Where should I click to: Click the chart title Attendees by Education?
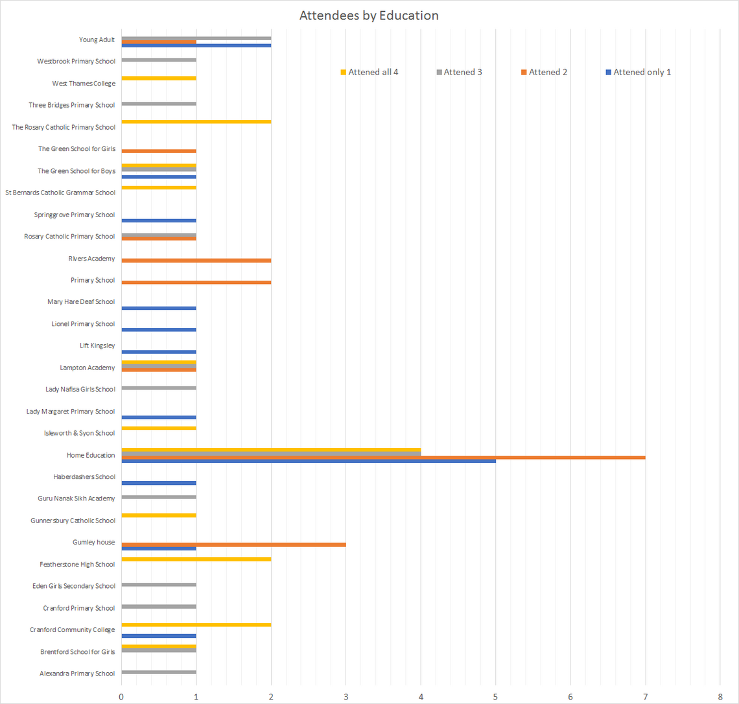tap(368, 16)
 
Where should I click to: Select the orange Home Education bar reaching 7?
tap(382, 457)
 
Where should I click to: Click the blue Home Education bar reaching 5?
tap(308, 461)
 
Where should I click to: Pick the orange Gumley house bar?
tap(233, 545)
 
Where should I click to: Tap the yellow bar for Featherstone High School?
tap(196, 559)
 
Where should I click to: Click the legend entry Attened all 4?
tap(373, 72)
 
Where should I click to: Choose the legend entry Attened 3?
tap(462, 72)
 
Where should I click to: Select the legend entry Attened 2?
tap(548, 72)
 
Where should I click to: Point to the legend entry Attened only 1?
tap(642, 72)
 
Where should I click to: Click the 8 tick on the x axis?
tap(720, 696)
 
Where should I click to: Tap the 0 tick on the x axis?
tap(121, 696)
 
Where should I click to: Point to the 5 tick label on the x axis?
tap(496, 696)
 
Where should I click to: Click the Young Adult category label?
tap(97, 40)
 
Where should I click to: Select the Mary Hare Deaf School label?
tap(81, 301)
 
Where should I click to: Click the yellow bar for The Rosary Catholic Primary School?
tap(196, 121)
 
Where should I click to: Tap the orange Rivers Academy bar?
tap(196, 261)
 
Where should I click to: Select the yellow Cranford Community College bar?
tap(196, 625)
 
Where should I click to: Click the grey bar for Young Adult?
tap(196, 38)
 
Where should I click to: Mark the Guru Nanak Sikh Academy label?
tap(76, 499)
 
